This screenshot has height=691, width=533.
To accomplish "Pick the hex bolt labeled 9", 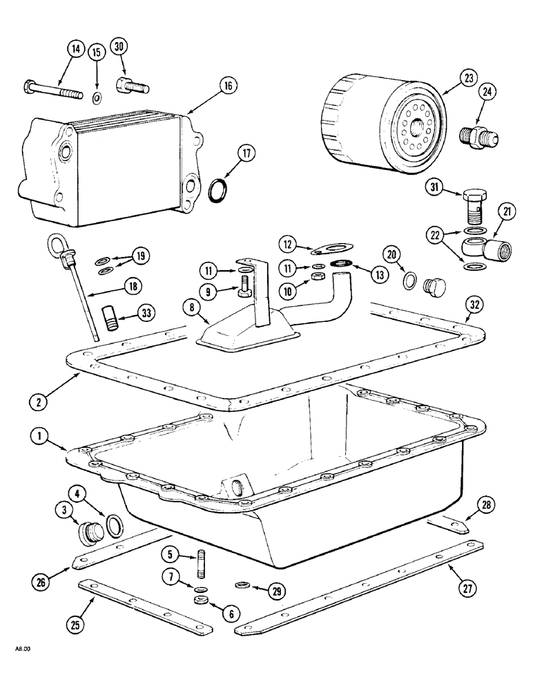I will (246, 288).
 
